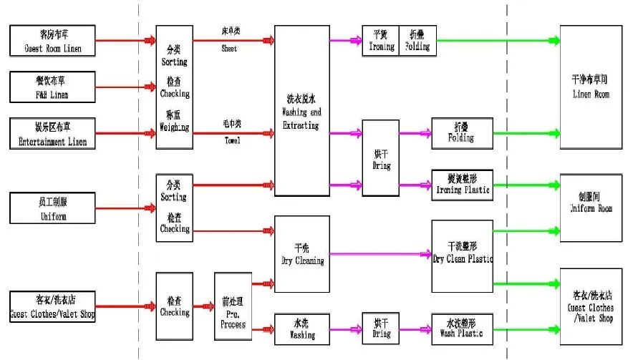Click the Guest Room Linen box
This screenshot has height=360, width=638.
(x=52, y=41)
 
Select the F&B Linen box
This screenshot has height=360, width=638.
(x=52, y=86)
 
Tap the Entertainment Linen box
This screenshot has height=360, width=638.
(x=52, y=133)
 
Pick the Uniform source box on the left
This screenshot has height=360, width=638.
(x=52, y=208)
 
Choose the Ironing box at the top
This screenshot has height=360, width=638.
(x=380, y=42)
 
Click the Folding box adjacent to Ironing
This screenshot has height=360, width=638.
(x=417, y=42)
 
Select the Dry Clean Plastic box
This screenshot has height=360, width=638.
(x=463, y=256)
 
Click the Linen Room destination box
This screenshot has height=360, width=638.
(x=590, y=86)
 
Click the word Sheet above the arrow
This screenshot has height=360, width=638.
(x=229, y=49)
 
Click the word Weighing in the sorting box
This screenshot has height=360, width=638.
(x=174, y=128)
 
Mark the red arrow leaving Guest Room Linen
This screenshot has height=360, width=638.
(x=125, y=40)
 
